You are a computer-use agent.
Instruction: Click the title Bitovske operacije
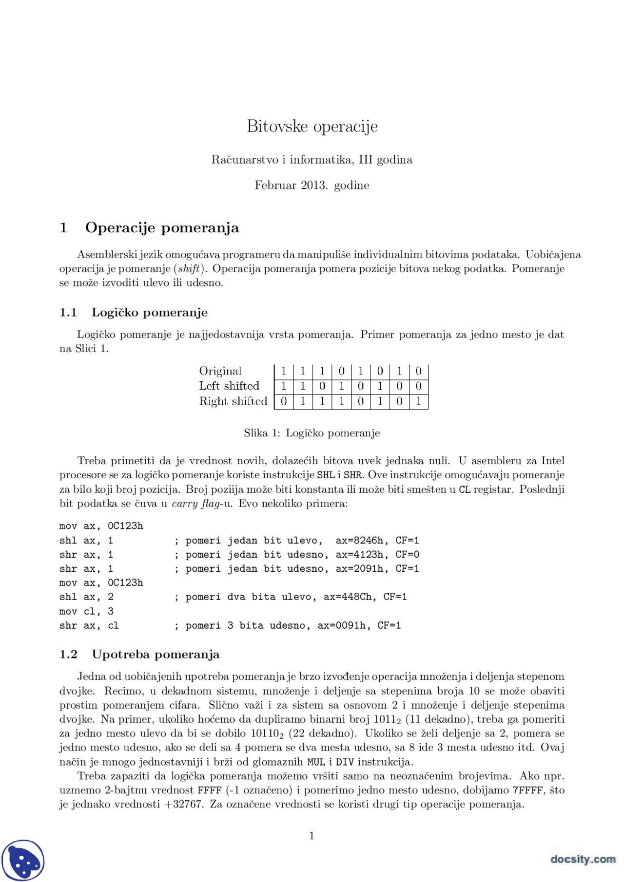[312, 126]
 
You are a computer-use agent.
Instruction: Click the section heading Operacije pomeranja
[162, 228]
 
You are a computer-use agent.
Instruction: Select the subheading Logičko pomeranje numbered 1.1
[149, 313]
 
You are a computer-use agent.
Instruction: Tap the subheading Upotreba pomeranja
[156, 655]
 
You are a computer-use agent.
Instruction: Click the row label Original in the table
[220, 371]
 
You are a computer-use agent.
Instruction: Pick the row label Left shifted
[229, 386]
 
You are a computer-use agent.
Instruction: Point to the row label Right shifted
[233, 401]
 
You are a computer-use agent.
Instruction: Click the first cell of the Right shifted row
[284, 402]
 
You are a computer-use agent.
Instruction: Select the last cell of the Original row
[418, 372]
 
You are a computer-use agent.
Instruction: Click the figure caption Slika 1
[312, 433]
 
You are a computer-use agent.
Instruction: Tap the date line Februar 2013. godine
[312, 186]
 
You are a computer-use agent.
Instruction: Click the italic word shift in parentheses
[189, 269]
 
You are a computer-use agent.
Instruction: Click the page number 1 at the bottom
[312, 836]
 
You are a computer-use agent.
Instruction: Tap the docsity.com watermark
[583, 859]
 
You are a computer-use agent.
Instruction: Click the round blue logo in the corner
[23, 861]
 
